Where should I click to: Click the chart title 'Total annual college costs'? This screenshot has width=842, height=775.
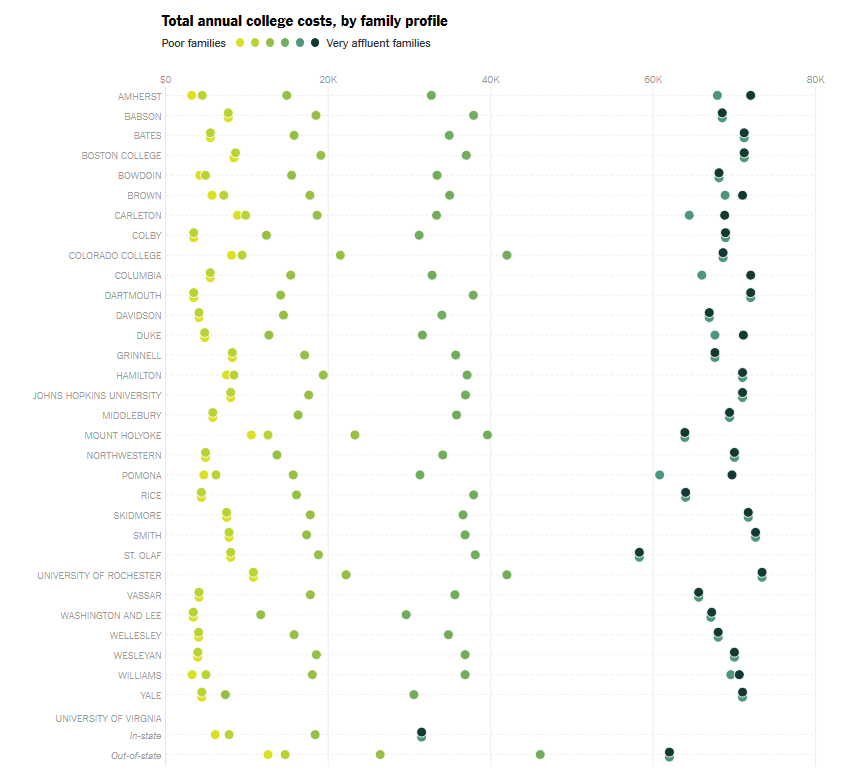(x=304, y=21)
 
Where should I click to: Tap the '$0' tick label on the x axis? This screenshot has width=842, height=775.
(x=165, y=79)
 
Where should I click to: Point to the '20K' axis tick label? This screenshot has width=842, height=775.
(x=327, y=79)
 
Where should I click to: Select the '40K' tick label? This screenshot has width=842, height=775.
(x=490, y=79)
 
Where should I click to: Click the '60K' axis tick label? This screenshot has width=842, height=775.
(x=653, y=79)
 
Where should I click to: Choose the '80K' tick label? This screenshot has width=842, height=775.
(x=815, y=79)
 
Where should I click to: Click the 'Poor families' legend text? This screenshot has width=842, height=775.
(x=194, y=43)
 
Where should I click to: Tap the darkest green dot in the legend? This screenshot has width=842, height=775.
(x=315, y=43)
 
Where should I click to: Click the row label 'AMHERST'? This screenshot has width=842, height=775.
(x=139, y=96)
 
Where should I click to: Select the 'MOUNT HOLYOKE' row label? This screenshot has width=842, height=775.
(x=123, y=436)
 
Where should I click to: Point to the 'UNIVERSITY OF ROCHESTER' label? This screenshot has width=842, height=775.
(x=99, y=576)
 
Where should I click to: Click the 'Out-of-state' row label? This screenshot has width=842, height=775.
(x=136, y=756)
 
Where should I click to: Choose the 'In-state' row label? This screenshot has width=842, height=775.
(x=144, y=736)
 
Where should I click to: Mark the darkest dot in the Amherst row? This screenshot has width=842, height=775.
(x=750, y=95)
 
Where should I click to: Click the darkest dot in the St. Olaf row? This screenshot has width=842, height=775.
(x=639, y=552)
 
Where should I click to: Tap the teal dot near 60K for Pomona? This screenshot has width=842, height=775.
(x=659, y=475)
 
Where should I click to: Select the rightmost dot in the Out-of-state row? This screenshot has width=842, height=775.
(x=669, y=752)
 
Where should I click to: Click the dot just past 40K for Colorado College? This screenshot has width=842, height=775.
(x=507, y=255)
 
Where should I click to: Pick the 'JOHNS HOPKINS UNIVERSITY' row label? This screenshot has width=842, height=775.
(x=97, y=396)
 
